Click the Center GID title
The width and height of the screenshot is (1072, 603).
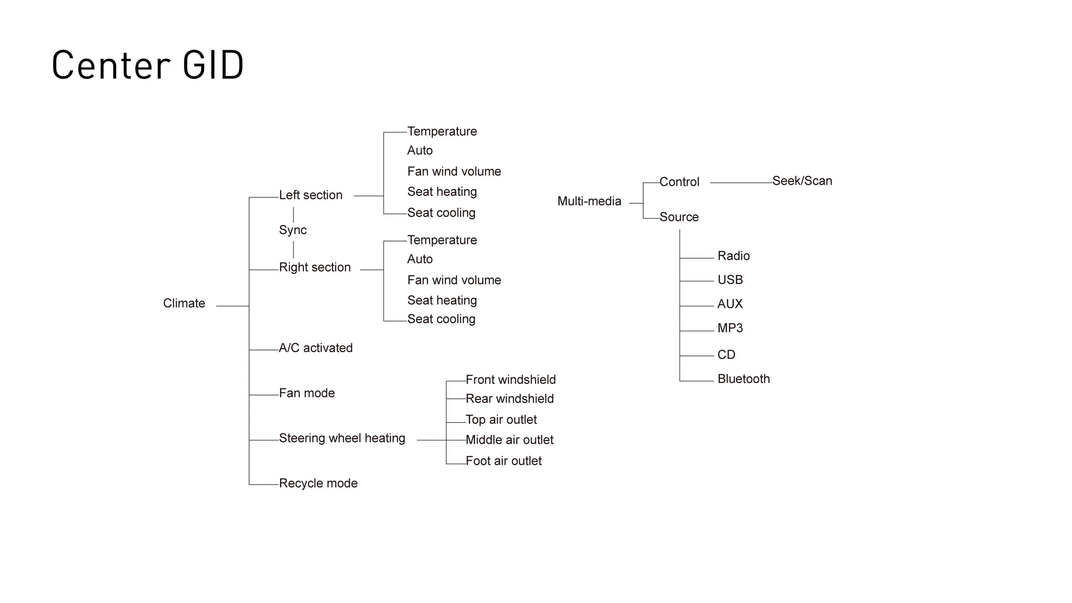click(x=148, y=65)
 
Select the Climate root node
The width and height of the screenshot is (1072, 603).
click(x=184, y=303)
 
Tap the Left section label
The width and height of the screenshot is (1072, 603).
click(x=310, y=195)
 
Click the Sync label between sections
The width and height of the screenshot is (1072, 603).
click(x=293, y=230)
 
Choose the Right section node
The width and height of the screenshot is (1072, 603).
click(x=315, y=267)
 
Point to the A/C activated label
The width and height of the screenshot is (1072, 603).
click(x=316, y=348)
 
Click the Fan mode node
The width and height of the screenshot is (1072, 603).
click(x=307, y=393)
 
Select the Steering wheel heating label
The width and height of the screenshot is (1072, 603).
click(x=342, y=438)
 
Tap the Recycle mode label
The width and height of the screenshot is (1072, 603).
click(x=318, y=483)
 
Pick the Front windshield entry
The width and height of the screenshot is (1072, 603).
click(x=510, y=380)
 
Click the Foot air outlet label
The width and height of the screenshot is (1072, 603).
click(x=503, y=461)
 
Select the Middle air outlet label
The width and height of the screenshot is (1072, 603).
click(x=509, y=440)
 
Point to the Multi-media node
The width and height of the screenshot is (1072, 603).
click(x=589, y=201)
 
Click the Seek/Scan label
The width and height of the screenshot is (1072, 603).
click(x=802, y=181)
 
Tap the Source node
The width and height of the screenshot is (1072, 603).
click(x=679, y=217)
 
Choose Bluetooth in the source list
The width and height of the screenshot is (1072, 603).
click(x=744, y=379)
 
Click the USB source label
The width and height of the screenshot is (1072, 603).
click(x=730, y=280)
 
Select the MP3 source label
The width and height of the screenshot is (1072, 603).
click(x=730, y=328)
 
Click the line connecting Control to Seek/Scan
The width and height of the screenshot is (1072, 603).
click(x=741, y=183)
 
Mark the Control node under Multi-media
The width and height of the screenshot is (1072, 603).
click(x=679, y=182)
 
